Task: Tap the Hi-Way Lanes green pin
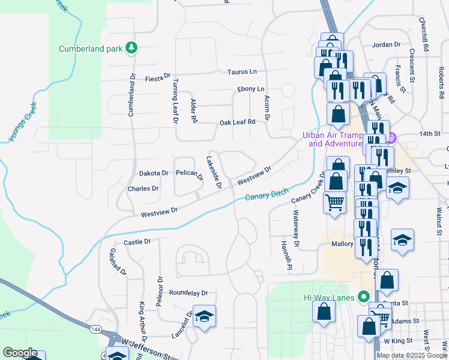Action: pyautogui.click(x=363, y=296)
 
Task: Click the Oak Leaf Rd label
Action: pyautogui.click(x=237, y=122)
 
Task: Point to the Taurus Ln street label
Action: pyautogui.click(x=242, y=72)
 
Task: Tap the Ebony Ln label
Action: pyautogui.click(x=250, y=89)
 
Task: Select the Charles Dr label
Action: pyautogui.click(x=143, y=188)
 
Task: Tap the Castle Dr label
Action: pyautogui.click(x=136, y=242)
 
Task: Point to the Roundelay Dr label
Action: pyautogui.click(x=188, y=293)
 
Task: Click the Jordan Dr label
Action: pyautogui.click(x=385, y=44)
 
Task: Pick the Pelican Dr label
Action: pyautogui.click(x=189, y=173)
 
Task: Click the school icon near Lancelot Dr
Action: pyautogui.click(x=205, y=316)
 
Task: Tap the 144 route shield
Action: pyautogui.click(x=96, y=329)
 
